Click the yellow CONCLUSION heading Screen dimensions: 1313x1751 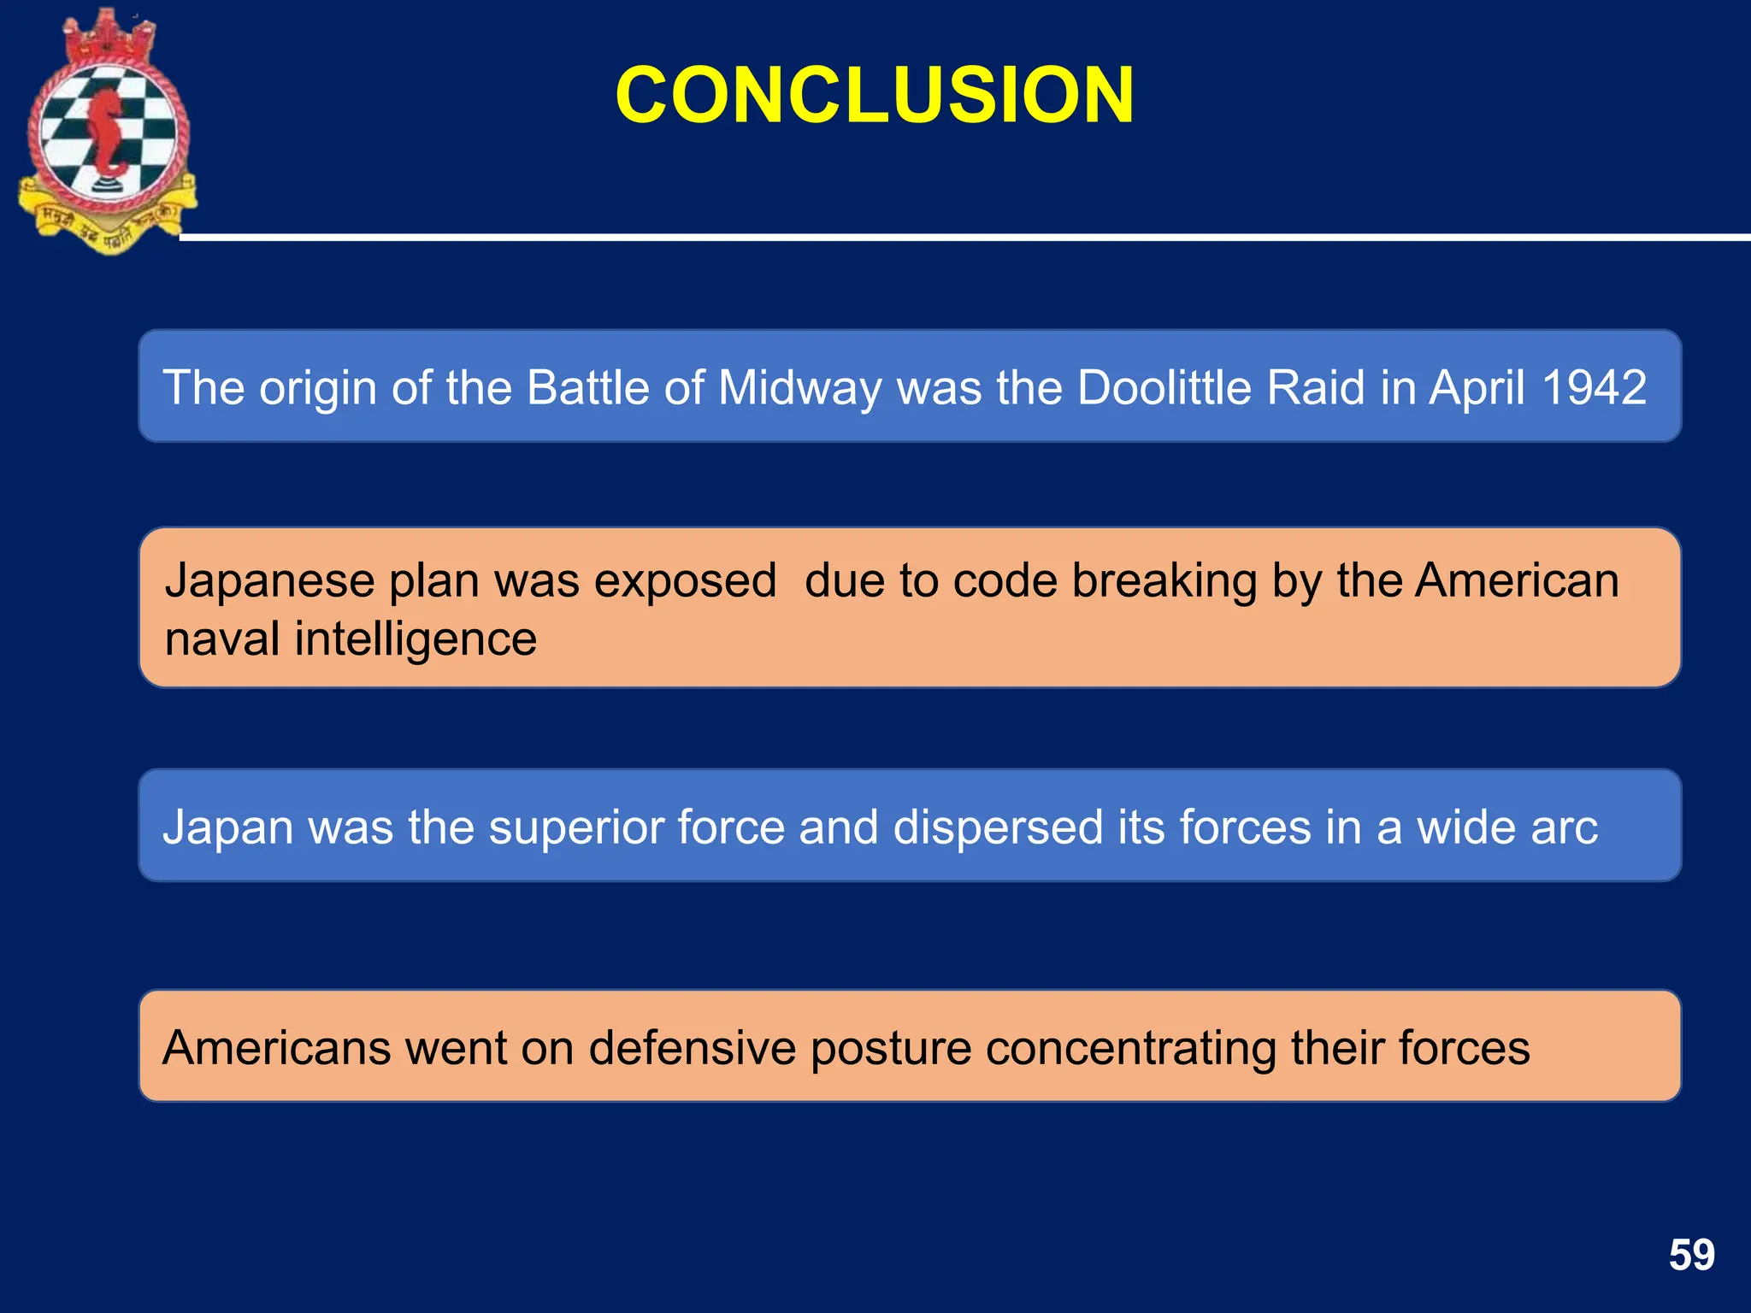click(x=875, y=95)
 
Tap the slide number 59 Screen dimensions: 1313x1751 click(x=1691, y=1255)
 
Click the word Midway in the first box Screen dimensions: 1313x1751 click(x=799, y=387)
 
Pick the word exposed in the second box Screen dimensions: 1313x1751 click(x=685, y=580)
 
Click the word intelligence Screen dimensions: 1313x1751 click(x=416, y=639)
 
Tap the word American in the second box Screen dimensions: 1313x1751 click(x=1517, y=580)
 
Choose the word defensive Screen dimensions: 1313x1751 click(x=692, y=1048)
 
